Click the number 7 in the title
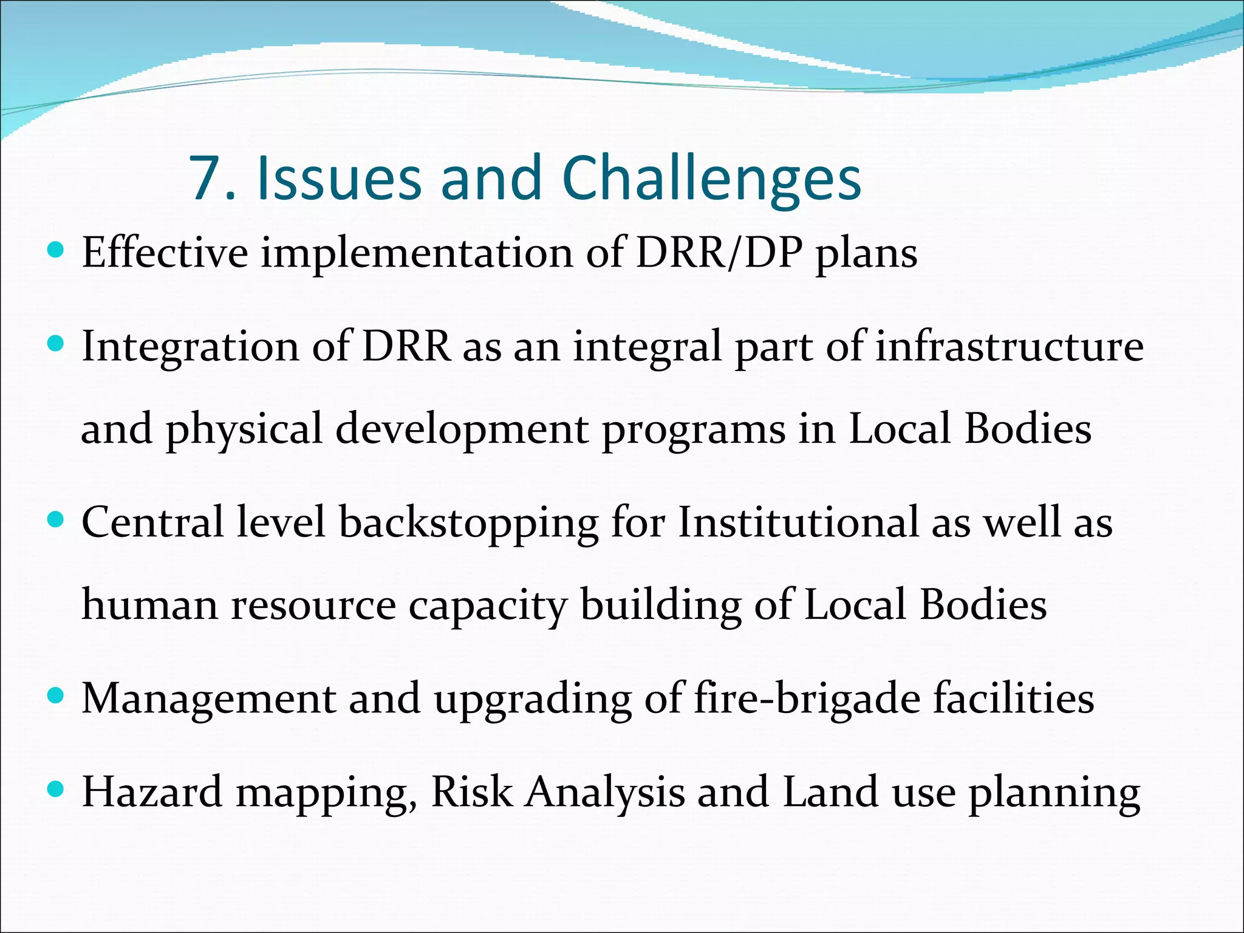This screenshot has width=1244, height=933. click(205, 178)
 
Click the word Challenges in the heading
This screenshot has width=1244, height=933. click(711, 178)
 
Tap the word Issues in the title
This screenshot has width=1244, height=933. click(339, 178)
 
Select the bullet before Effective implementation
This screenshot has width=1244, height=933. click(55, 250)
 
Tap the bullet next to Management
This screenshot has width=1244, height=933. click(55, 696)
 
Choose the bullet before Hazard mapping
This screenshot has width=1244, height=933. click(55, 790)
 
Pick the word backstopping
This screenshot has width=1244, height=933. click(468, 522)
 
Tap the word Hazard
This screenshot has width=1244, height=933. click(152, 792)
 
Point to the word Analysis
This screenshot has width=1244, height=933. click(605, 792)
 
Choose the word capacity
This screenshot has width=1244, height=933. click(488, 606)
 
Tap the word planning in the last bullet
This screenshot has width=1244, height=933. click(1054, 793)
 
